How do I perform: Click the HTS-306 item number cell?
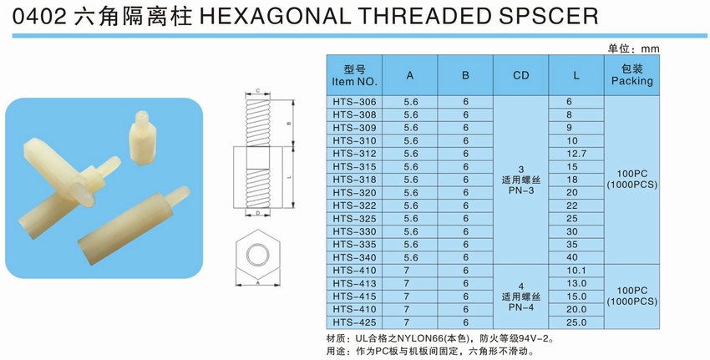(354, 102)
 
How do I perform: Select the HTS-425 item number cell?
(354, 322)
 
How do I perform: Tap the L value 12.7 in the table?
(576, 154)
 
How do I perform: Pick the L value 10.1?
(576, 271)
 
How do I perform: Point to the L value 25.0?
(576, 322)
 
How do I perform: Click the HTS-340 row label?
(354, 257)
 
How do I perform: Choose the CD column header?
(520, 76)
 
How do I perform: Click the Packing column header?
(631, 81)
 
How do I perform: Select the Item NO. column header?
(354, 82)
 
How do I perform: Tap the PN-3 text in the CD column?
(520, 190)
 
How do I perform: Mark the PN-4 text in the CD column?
(520, 307)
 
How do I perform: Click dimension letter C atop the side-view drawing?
(257, 91)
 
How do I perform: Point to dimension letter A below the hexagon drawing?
(257, 282)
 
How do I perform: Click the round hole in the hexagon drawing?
(257, 255)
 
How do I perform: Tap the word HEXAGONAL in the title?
(273, 17)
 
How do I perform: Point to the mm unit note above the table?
(650, 49)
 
